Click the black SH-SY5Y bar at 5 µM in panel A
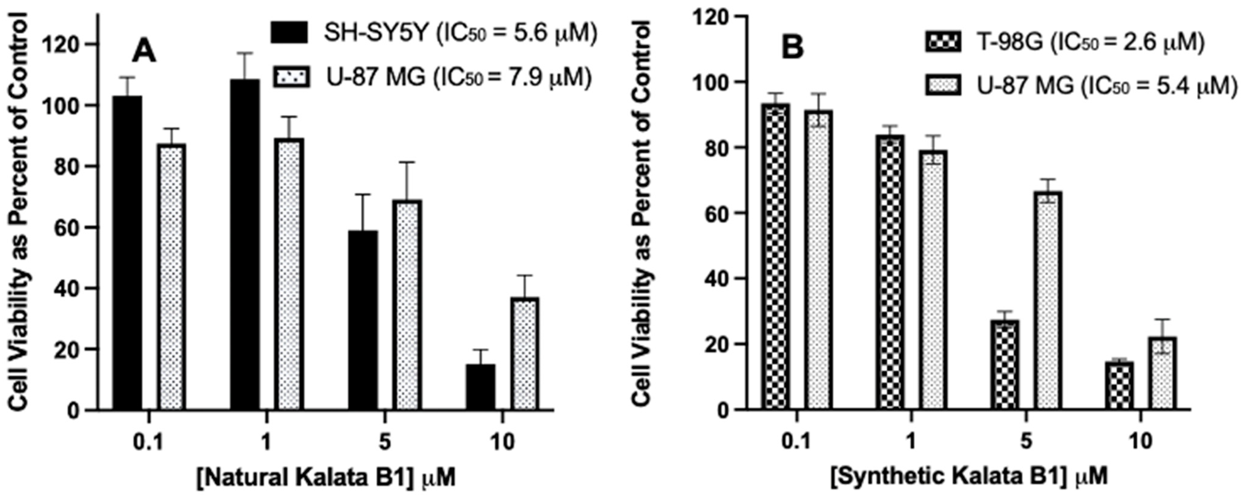click(363, 320)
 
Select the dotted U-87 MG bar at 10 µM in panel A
click(525, 354)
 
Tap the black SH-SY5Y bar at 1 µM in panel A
click(245, 245)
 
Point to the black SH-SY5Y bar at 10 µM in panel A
click(481, 387)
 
